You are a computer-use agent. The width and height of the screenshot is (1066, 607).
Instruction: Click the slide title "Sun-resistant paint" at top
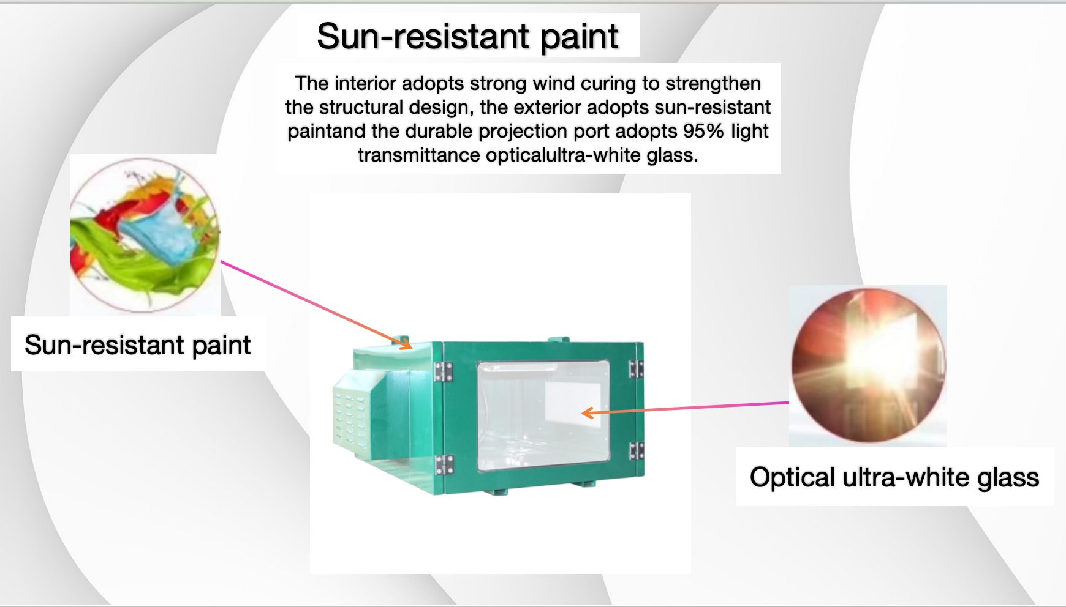[x=467, y=36]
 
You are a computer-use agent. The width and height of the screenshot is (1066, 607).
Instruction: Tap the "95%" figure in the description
[x=704, y=131]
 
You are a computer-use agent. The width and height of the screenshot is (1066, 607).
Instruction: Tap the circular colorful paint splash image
[x=145, y=235]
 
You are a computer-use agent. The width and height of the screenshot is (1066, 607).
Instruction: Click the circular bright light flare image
[x=868, y=365]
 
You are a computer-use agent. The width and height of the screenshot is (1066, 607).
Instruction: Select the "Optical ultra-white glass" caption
[x=894, y=477]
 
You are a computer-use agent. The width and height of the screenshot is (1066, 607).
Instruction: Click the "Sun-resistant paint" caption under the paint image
[x=138, y=345]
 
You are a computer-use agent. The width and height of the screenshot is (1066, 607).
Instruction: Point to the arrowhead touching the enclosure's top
[x=406, y=344]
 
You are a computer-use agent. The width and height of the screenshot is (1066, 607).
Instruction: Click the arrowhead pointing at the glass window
[x=588, y=413]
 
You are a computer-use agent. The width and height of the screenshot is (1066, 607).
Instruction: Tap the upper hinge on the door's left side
[x=443, y=371]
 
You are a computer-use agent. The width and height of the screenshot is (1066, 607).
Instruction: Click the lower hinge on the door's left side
[x=444, y=465]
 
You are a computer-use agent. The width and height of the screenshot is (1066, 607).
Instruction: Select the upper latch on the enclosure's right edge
[x=636, y=369]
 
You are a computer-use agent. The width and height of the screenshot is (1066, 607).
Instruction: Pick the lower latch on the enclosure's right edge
[x=637, y=451]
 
